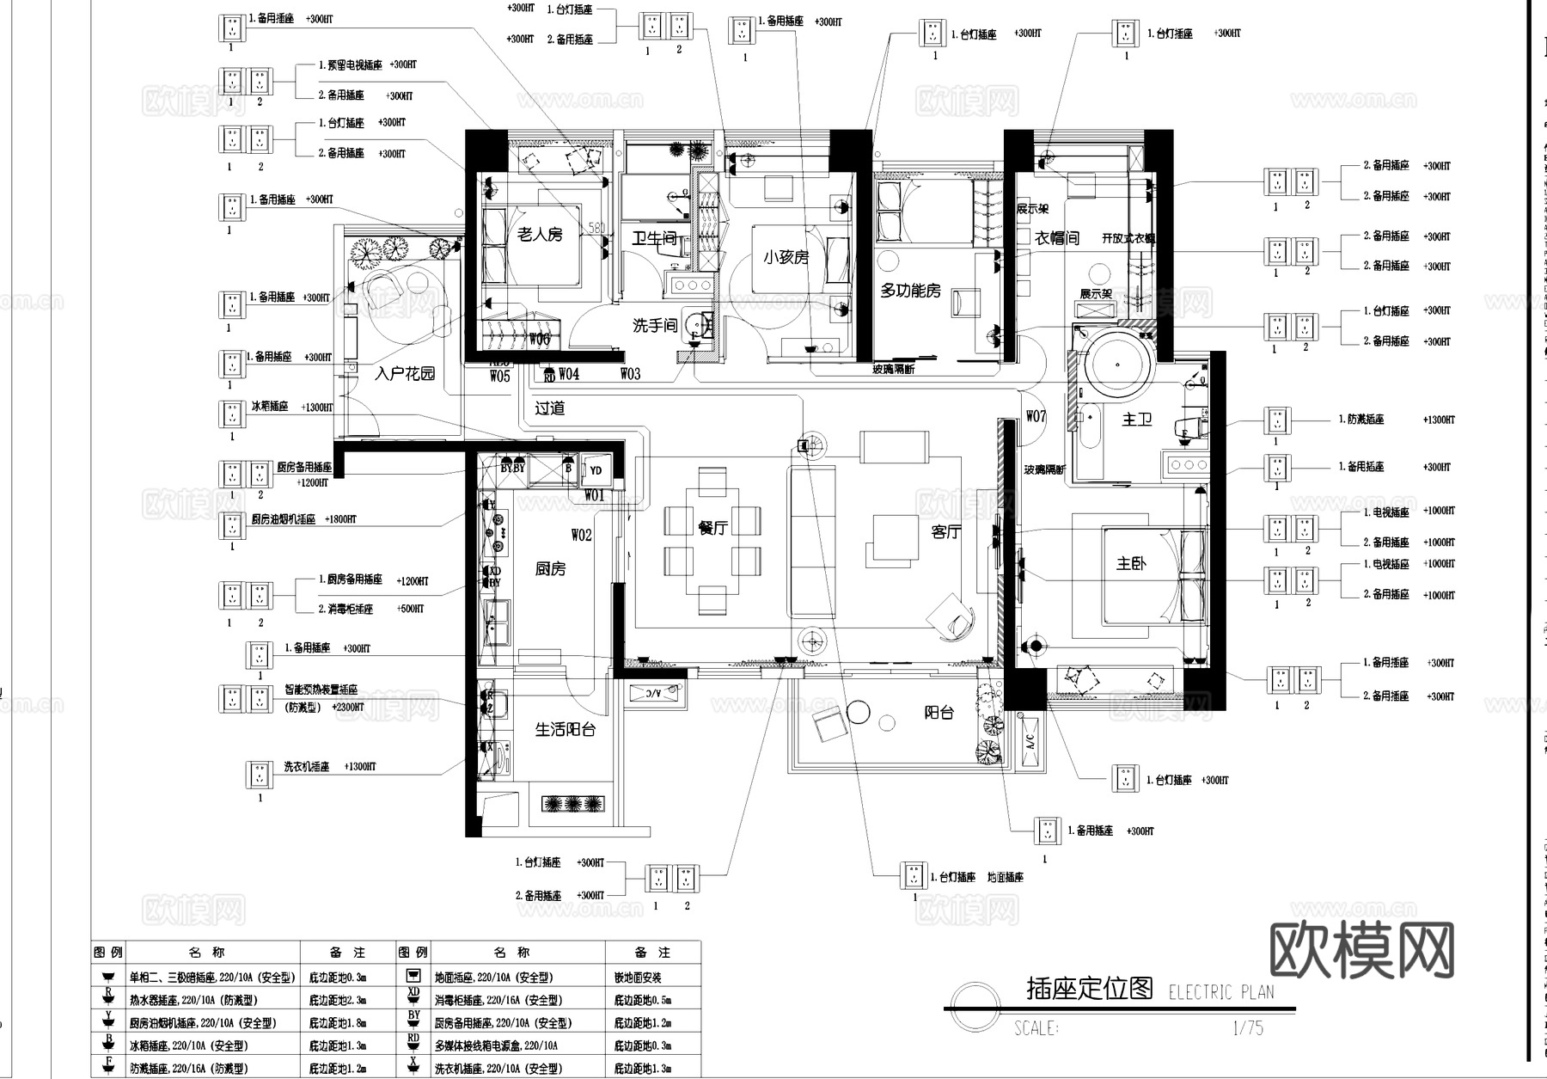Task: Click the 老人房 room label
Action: (x=540, y=234)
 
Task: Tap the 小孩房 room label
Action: (x=786, y=256)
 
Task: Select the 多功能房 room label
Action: (x=910, y=291)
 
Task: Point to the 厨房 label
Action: (x=550, y=568)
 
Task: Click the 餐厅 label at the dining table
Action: (x=713, y=528)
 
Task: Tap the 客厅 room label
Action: (x=946, y=532)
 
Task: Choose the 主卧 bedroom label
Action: (x=1131, y=563)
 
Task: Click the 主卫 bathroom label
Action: (x=1137, y=419)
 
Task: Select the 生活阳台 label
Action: (x=565, y=729)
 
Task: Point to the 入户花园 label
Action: (x=405, y=373)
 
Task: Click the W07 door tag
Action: (x=1036, y=416)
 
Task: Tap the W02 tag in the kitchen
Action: (x=581, y=535)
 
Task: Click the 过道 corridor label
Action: (x=550, y=408)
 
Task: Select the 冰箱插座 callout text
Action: (x=270, y=406)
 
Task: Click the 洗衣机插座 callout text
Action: (x=307, y=766)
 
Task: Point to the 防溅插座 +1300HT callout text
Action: (x=1361, y=420)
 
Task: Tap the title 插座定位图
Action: (x=1089, y=988)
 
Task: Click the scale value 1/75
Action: (x=1247, y=1027)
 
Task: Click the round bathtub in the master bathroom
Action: (x=1116, y=367)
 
